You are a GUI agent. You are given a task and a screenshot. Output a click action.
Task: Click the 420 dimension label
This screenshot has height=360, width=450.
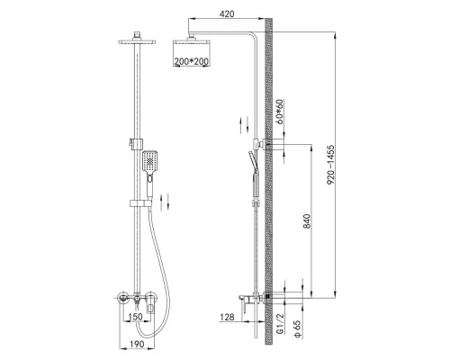[x=227, y=13]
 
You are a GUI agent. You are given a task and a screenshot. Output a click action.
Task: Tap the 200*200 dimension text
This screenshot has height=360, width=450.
[x=192, y=61]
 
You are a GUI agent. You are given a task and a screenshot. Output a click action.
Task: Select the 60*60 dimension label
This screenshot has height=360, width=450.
[x=280, y=112]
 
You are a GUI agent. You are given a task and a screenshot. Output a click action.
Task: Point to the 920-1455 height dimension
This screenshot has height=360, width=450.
[x=330, y=165]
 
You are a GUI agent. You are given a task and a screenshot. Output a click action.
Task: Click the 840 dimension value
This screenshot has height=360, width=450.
[x=307, y=221]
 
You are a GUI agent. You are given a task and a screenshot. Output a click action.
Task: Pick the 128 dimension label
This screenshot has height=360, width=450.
[x=227, y=317]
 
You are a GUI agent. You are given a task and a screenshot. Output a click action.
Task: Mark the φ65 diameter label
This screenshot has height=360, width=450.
[x=297, y=329]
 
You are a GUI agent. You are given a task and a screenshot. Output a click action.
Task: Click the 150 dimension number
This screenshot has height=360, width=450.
[x=135, y=317]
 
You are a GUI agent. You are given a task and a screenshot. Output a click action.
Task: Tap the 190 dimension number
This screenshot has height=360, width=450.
[x=137, y=344]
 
